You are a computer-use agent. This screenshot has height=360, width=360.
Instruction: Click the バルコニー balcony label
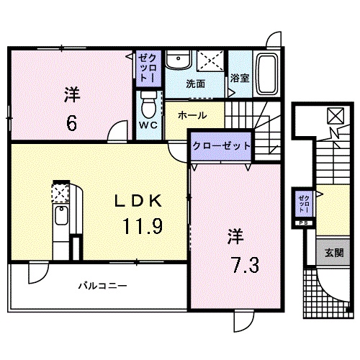(x=103, y=287)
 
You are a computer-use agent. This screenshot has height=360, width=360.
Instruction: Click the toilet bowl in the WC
(x=149, y=107)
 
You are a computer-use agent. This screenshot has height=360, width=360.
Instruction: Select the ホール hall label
(x=192, y=115)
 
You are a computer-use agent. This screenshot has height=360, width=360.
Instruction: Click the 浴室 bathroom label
(x=240, y=78)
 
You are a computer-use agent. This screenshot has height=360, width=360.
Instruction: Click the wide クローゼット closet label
(x=221, y=145)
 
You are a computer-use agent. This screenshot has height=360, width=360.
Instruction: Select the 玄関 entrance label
(x=333, y=253)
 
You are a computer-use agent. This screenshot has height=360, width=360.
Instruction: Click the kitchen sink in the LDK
(x=61, y=216)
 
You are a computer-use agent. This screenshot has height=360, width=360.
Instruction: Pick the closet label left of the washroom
(x=146, y=67)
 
